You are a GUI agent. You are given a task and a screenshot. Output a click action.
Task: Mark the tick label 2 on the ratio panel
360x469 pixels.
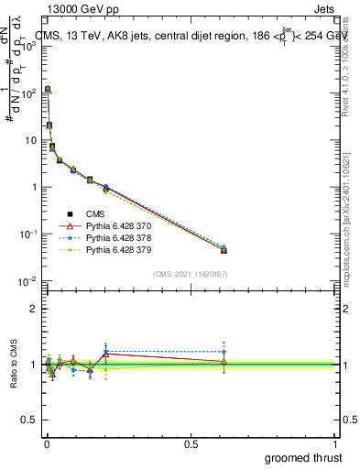[35, 309]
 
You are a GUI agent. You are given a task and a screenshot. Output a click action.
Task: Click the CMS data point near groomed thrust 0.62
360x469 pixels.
[224, 250]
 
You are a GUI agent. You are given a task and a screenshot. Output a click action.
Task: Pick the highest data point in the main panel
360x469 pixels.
[48, 89]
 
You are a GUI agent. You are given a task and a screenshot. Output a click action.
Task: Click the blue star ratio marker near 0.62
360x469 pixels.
[224, 352]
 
